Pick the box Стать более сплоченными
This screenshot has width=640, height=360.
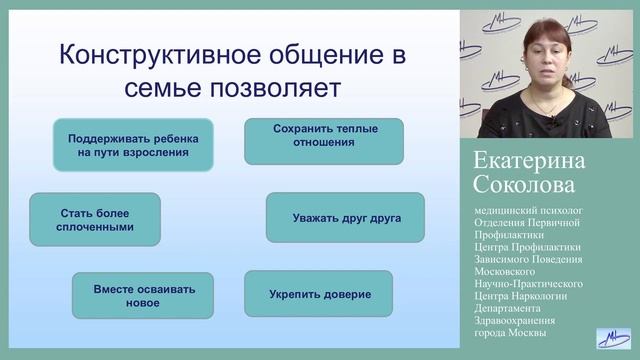click(x=95, y=219)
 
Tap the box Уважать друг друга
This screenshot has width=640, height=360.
click(x=345, y=217)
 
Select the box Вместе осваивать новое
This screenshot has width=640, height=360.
click(x=143, y=295)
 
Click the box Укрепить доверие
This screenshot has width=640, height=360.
click(x=319, y=294)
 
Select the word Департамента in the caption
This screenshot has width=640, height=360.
click(x=513, y=307)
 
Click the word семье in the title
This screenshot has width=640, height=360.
click(x=161, y=88)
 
